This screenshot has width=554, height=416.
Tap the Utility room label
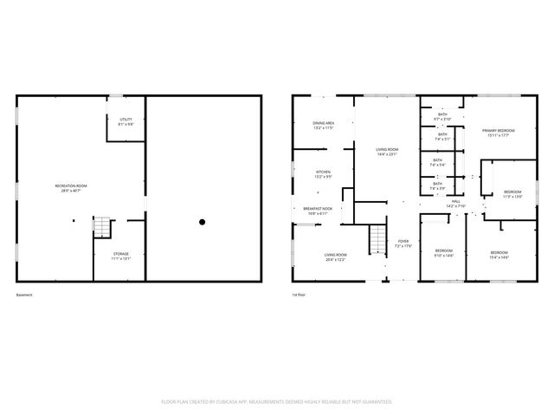(x=126, y=121)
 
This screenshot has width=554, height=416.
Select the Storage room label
(x=120, y=256)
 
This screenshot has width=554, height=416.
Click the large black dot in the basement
(x=203, y=223)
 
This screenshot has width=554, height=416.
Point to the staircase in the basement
(x=103, y=227)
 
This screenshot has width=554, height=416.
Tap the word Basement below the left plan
(x=24, y=295)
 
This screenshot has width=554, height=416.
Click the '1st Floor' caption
(x=300, y=295)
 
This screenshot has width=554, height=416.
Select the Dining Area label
(x=324, y=126)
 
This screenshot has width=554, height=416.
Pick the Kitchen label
(x=323, y=174)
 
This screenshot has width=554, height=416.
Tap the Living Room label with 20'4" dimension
(x=335, y=257)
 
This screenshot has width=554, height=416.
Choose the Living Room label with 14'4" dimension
(x=387, y=153)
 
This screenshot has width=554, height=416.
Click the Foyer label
(x=403, y=244)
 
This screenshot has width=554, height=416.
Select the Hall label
(x=455, y=203)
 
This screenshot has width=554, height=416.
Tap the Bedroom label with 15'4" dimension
(x=499, y=254)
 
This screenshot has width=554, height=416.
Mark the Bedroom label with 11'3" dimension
(x=512, y=193)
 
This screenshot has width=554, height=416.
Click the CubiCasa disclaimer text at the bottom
(x=277, y=401)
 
